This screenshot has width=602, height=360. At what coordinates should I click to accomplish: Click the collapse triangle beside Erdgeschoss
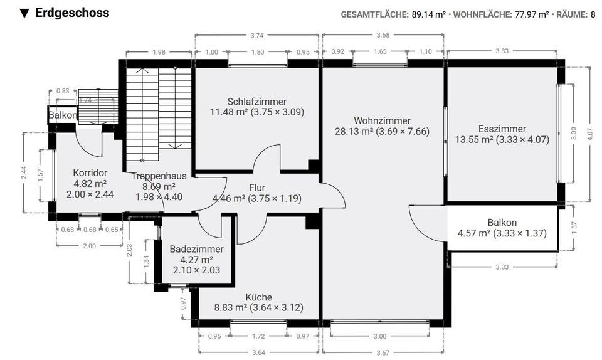click(x=24, y=13)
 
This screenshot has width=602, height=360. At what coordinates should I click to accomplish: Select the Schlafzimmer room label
click(x=257, y=102)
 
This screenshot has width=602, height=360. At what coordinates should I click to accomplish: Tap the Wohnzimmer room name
click(x=382, y=120)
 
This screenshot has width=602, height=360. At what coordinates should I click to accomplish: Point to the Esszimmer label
click(x=502, y=130)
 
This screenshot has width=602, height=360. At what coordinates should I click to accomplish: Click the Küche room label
click(x=259, y=297)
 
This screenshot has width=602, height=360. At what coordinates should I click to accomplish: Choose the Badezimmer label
click(x=196, y=249)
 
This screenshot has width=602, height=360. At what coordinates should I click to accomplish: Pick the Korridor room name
click(x=90, y=172)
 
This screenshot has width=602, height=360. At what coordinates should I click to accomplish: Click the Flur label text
click(x=257, y=188)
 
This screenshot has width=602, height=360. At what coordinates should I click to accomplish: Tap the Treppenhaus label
click(x=153, y=176)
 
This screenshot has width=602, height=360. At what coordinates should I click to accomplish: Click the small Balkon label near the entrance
click(x=63, y=115)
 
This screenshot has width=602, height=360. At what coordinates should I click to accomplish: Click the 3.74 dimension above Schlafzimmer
click(x=256, y=36)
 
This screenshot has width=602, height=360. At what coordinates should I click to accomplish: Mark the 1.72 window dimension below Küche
click(x=258, y=337)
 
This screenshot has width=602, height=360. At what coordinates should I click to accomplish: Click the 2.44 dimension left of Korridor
click(x=23, y=172)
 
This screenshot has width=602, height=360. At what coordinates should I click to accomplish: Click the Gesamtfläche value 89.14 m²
click(x=428, y=14)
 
